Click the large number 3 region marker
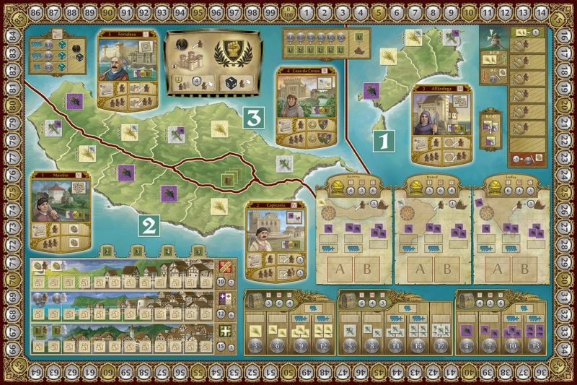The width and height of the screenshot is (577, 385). pos(252,116)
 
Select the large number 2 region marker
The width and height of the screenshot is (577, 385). pos(149,225)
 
